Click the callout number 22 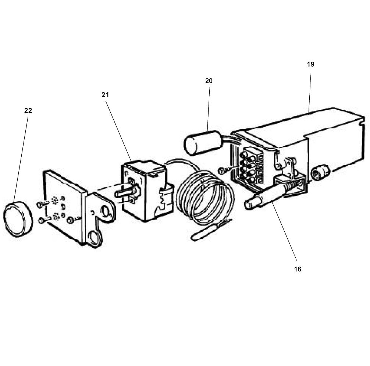click(x=28, y=110)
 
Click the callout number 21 click(x=106, y=95)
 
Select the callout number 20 click(x=209, y=81)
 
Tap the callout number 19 click(x=310, y=64)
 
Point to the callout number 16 click(x=298, y=269)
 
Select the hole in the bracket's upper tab click(x=106, y=212)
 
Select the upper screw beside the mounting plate click(x=41, y=203)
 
